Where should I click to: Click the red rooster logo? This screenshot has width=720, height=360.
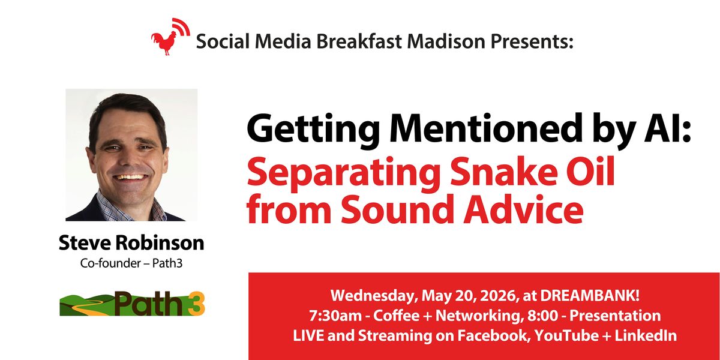170,37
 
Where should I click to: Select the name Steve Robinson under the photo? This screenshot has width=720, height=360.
131,243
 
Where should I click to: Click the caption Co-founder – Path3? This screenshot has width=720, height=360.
131,263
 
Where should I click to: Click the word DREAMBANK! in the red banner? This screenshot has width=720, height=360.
590,296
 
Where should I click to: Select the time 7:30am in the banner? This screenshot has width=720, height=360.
335,316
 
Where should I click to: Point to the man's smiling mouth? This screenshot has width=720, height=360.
131,177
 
